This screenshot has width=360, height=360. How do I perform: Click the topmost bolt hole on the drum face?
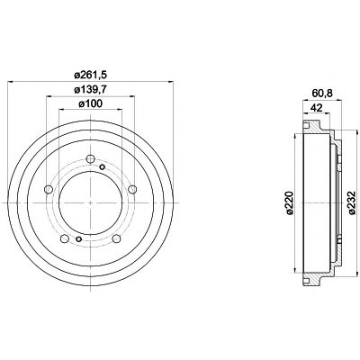coord(91,161)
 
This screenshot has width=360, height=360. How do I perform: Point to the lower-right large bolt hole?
coord(118,239)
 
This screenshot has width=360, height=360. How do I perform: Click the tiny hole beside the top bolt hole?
coord(103,167)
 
